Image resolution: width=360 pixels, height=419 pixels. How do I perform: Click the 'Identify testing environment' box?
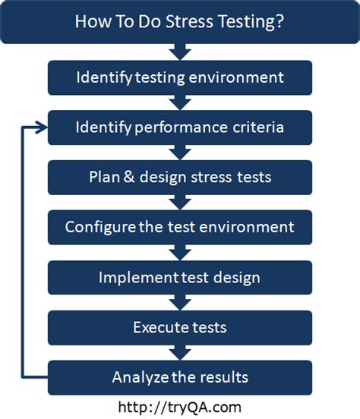180,77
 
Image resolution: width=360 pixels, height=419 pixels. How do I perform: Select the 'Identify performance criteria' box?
180,128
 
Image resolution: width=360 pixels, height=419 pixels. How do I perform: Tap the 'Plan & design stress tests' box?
180,178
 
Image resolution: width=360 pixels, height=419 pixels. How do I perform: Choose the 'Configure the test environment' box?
180,228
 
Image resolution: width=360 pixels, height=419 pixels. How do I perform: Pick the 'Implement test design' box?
180,278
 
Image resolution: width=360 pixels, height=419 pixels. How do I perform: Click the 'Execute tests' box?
180,328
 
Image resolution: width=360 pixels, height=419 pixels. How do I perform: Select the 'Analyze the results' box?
180,377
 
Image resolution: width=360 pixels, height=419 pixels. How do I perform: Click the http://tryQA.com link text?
180,408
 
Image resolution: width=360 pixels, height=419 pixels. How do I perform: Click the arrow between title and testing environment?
180,52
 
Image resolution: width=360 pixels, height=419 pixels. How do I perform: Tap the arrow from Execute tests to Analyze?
180,353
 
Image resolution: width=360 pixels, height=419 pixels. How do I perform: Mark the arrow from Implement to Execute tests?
180,303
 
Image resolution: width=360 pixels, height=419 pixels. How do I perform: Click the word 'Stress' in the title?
189,21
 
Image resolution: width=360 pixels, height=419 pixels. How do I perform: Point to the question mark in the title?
279,21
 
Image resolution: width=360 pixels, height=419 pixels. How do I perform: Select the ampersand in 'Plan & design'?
129,177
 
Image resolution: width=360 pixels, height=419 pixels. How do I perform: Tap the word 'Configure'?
100,228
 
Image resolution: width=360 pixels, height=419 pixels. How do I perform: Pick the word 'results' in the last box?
224,377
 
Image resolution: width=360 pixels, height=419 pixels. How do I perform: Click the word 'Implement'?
138,278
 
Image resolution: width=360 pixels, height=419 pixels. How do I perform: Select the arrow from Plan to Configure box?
180,203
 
